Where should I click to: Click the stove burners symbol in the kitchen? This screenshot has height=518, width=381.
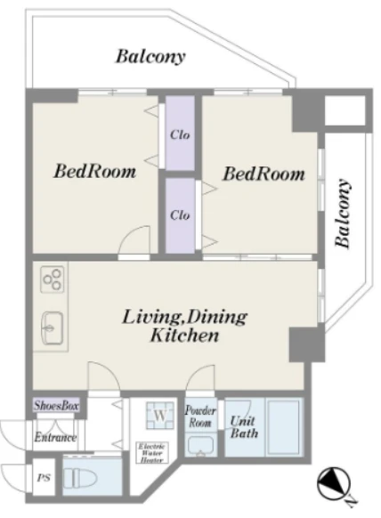point(53,279)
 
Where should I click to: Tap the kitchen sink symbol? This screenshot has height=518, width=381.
point(53,328)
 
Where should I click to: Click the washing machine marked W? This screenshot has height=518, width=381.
point(160,415)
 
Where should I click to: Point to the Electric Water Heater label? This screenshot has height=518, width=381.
point(152,453)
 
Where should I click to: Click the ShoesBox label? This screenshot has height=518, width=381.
point(56,405)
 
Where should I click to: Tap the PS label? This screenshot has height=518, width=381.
point(44,478)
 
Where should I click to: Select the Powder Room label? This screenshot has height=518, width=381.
point(200,417)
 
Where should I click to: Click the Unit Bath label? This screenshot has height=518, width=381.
point(244,426)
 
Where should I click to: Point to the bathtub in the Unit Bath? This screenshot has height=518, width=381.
point(284,427)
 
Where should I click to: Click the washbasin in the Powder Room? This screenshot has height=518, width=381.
point(200,446)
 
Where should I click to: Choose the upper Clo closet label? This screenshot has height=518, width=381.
point(180,134)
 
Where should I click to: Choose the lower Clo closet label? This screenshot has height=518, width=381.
point(180,215)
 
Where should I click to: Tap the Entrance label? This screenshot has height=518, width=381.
point(55,437)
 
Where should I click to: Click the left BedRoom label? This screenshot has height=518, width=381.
point(94,171)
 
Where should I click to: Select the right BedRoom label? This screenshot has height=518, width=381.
point(263,174)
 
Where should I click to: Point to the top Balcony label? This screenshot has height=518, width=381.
point(150,57)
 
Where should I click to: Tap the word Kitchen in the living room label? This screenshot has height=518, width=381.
point(184,336)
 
